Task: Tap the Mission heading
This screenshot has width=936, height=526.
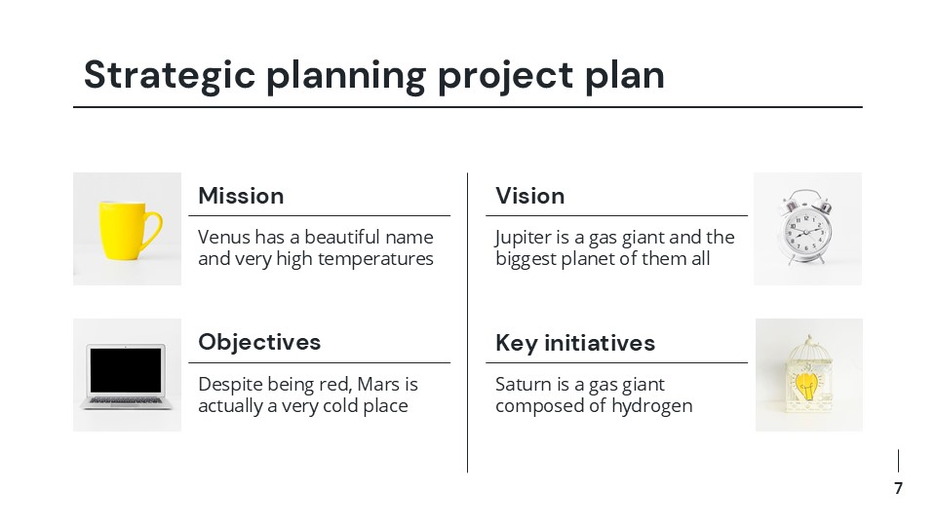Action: pos(241,196)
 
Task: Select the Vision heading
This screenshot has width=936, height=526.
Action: pos(529,196)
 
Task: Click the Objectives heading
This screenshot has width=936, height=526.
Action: pos(259,342)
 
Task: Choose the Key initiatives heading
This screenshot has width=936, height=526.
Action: pos(575,343)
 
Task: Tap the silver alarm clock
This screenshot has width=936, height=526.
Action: pos(806,231)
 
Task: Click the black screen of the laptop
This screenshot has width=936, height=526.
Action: pos(125,370)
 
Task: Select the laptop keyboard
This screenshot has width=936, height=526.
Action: pos(125,398)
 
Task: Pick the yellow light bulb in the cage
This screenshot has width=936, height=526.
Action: pos(808,383)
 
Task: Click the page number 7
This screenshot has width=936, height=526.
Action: pos(898,488)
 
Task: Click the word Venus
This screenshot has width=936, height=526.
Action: pos(223,238)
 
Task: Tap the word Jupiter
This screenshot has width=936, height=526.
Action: pos(526,238)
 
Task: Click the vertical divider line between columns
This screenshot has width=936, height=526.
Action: pos(468,321)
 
